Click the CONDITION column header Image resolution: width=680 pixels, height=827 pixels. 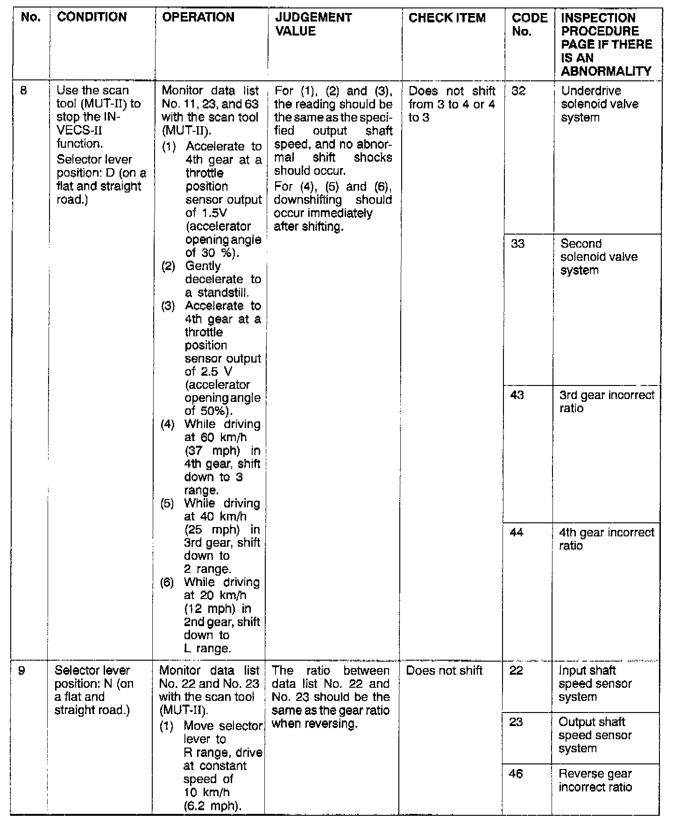click(92, 17)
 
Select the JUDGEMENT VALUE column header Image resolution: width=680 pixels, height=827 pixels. click(313, 24)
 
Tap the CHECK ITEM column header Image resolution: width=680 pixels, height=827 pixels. click(447, 18)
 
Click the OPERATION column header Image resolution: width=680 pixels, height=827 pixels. click(198, 17)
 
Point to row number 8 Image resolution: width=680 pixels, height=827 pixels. click(24, 90)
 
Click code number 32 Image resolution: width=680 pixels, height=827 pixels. click(518, 91)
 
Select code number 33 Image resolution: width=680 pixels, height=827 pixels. click(518, 243)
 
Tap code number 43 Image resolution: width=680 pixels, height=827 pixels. click(517, 395)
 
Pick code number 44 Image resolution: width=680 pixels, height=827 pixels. click(517, 533)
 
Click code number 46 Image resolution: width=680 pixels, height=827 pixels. click(516, 774)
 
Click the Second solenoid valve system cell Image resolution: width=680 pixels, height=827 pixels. click(599, 257)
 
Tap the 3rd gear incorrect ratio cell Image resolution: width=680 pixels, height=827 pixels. click(607, 401)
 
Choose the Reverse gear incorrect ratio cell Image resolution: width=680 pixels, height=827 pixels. click(595, 780)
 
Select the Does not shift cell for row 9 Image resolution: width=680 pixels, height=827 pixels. click(444, 671)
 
